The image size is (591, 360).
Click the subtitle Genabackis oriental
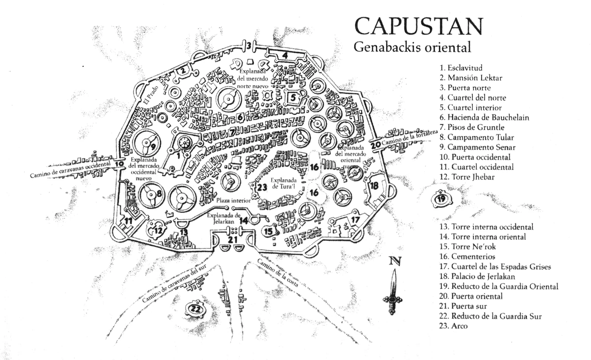pyautogui.click(x=413, y=48)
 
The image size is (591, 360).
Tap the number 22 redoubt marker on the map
pyautogui.click(x=196, y=309)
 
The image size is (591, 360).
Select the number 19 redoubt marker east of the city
pyautogui.click(x=441, y=199)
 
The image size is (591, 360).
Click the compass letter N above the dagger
pyautogui.click(x=393, y=262)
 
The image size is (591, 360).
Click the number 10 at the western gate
pyautogui.click(x=119, y=164)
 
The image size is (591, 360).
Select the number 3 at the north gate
pyautogui.click(x=249, y=46)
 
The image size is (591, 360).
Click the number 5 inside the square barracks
pyautogui.click(x=293, y=98)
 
